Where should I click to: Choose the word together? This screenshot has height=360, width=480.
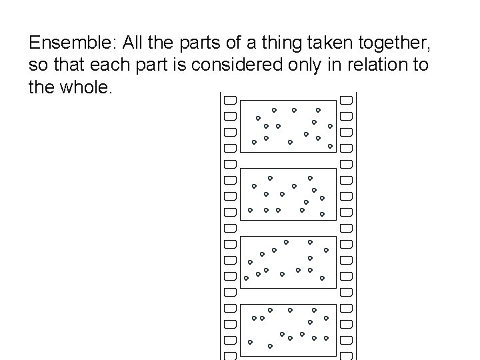tap(405, 45)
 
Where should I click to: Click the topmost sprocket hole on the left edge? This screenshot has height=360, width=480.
tap(230, 100)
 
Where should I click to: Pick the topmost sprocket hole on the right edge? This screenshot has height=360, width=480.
tap(346, 100)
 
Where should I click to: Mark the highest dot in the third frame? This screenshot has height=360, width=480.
tap(286, 241)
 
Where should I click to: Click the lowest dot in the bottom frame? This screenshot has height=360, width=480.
tap(270, 346)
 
